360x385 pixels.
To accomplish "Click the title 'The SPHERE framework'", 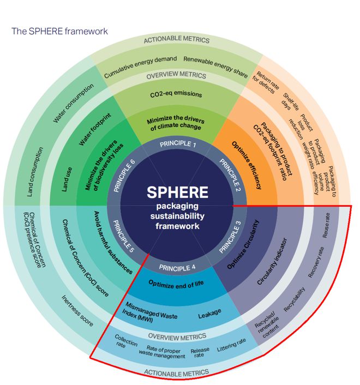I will (x=60, y=31).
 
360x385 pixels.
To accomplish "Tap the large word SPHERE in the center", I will (x=177, y=192).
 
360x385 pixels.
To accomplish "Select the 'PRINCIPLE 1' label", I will (x=177, y=145).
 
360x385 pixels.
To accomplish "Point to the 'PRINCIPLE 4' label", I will (x=177, y=267).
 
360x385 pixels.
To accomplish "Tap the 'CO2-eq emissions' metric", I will (x=176, y=94).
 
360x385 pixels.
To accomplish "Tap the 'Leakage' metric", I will (x=209, y=312).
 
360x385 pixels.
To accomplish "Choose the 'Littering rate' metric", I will (x=231, y=344).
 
